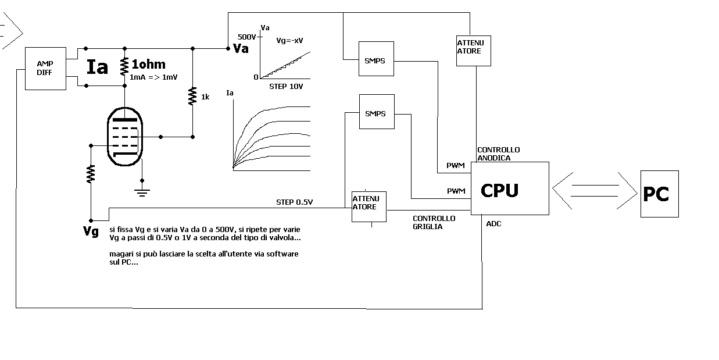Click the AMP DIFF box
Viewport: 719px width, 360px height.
tap(45, 69)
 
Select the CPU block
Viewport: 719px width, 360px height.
tap(510, 188)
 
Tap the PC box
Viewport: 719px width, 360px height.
tap(659, 194)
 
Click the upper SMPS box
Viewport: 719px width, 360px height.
tap(376, 59)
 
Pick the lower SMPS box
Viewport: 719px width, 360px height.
tap(377, 112)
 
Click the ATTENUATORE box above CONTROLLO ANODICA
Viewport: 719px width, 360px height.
tap(474, 51)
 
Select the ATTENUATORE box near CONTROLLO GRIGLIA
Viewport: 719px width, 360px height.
tap(369, 206)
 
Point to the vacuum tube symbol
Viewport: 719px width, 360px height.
tap(125, 137)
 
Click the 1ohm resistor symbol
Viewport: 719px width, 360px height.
tap(124, 66)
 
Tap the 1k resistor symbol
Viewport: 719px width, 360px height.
tap(192, 96)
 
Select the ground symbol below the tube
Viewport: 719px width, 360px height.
tap(142, 193)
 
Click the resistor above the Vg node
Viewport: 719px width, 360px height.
tap(91, 174)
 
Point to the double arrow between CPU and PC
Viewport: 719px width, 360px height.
tap(595, 191)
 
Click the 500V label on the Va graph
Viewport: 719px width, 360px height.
tap(246, 37)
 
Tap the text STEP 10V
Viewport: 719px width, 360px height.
tap(286, 87)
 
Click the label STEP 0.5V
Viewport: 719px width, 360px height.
tap(294, 202)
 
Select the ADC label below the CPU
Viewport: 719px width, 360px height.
tap(493, 224)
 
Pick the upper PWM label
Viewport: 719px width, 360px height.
tap(456, 165)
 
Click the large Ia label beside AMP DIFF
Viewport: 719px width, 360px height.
tap(97, 67)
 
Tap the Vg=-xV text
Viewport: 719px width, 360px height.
tap(289, 41)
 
